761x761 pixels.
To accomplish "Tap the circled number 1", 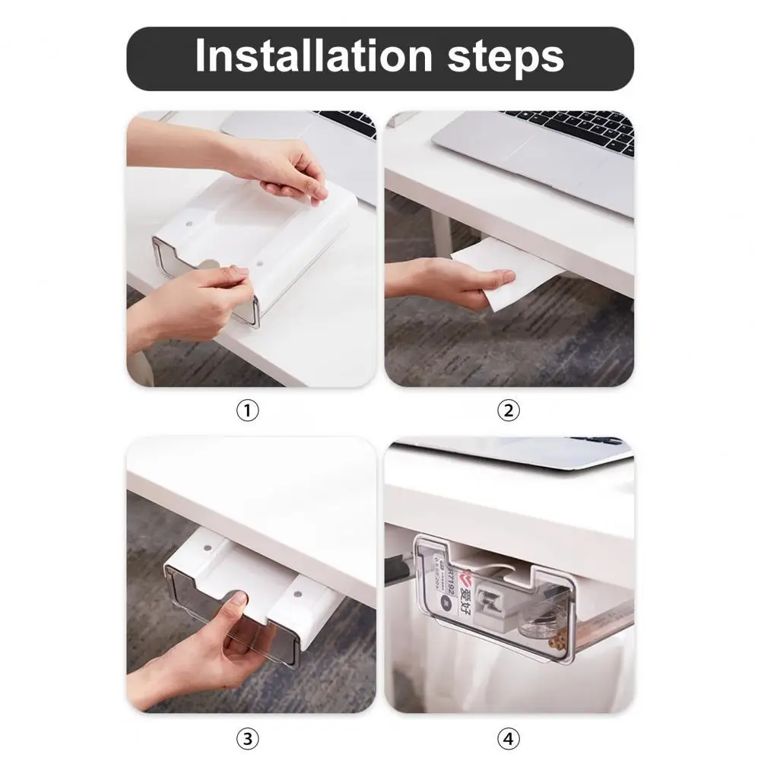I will click(248, 411).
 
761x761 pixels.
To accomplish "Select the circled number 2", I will click(508, 411).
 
